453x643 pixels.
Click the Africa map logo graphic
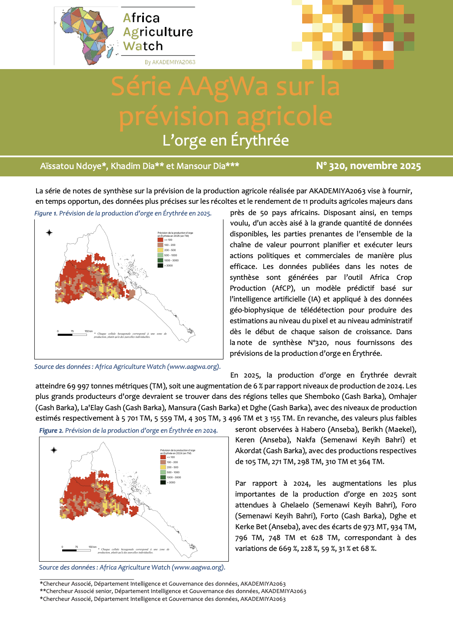pos(85,35)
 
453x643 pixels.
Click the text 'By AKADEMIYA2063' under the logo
pos(170,62)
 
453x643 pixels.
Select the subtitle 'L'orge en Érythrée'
pos(226,140)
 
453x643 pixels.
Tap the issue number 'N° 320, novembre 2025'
pos(368,166)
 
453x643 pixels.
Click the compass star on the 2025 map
pos(50,232)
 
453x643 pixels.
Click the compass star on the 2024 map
pos(54,450)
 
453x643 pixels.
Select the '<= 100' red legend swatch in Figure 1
pos(160,240)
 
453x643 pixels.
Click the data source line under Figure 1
pos(127,367)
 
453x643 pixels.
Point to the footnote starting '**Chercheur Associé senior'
pos(173,591)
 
